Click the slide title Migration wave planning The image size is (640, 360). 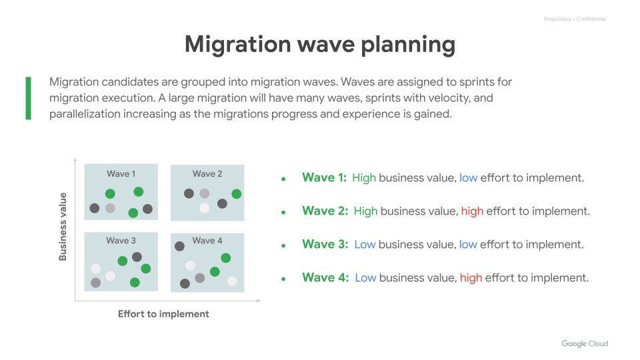(x=320, y=45)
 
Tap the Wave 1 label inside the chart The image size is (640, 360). (x=121, y=174)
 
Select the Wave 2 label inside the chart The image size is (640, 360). (x=207, y=174)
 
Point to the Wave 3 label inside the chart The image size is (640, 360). (x=121, y=241)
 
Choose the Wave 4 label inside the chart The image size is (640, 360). (x=207, y=241)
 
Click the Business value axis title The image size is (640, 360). (x=63, y=226)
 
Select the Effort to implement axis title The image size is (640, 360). (x=163, y=314)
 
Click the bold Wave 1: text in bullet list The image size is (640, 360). (x=324, y=178)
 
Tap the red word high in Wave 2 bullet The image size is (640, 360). (x=472, y=211)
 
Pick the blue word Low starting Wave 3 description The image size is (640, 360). (x=365, y=245)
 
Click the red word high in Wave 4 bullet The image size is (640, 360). (x=471, y=278)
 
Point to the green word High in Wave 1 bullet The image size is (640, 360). (x=364, y=178)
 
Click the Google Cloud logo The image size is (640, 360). (x=585, y=344)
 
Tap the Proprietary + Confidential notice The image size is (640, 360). (x=575, y=19)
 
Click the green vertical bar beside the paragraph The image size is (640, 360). (x=28, y=98)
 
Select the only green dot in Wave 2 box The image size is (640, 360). (x=236, y=194)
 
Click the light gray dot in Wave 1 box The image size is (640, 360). (x=110, y=209)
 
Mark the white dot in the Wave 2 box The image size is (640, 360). (x=205, y=208)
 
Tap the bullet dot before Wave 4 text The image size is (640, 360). (x=283, y=279)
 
